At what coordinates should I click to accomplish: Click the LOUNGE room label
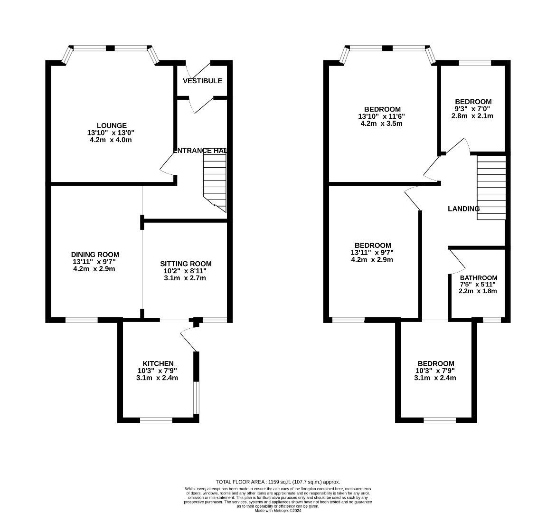pos(112,125)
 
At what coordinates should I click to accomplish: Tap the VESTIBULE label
pos(202,81)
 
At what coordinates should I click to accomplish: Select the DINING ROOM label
pos(95,255)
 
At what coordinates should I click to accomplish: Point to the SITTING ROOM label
pos(186,264)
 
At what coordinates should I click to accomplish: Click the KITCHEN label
pos(158,364)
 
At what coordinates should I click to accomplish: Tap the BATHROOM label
pos(479,278)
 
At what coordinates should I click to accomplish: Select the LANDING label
pos(464,209)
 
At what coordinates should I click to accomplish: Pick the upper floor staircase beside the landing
pos(491,188)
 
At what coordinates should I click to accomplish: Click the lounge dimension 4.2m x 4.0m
pos(111,140)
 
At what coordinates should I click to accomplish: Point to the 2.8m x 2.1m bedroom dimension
pos(472,116)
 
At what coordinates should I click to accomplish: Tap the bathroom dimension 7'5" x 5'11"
pos(478,285)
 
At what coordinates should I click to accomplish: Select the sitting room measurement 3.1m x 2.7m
pos(185,278)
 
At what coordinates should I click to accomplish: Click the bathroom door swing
pos(457,261)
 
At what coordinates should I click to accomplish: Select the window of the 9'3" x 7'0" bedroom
pos(475,63)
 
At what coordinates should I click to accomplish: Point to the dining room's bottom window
pos(82,320)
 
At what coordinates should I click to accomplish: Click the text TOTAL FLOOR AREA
pos(240,482)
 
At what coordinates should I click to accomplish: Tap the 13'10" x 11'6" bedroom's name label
pos(383,110)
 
